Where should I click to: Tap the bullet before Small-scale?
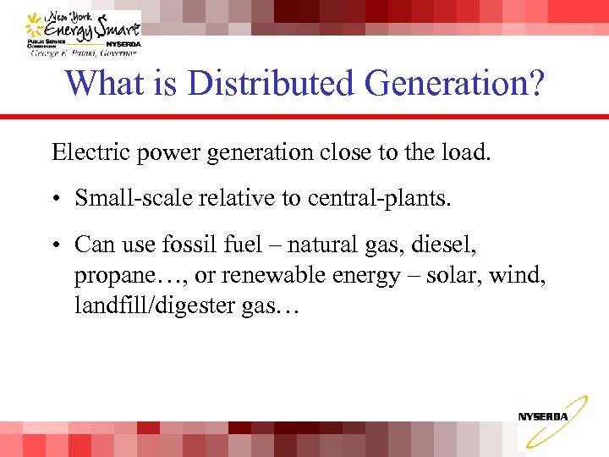[x=56, y=199]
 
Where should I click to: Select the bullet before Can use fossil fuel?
[x=56, y=246]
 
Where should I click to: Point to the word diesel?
[x=447, y=245]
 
